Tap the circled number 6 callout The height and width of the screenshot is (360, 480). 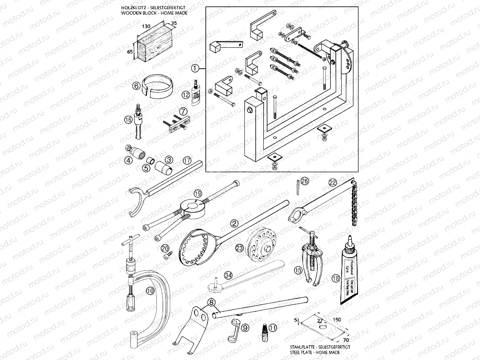(136, 86)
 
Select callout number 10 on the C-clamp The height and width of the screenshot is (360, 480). (150, 290)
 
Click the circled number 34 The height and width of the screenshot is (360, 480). (228, 275)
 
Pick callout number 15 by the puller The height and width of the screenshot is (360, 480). (298, 271)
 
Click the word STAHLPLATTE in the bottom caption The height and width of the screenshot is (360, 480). (303, 347)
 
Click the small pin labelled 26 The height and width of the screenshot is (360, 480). (296, 186)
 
